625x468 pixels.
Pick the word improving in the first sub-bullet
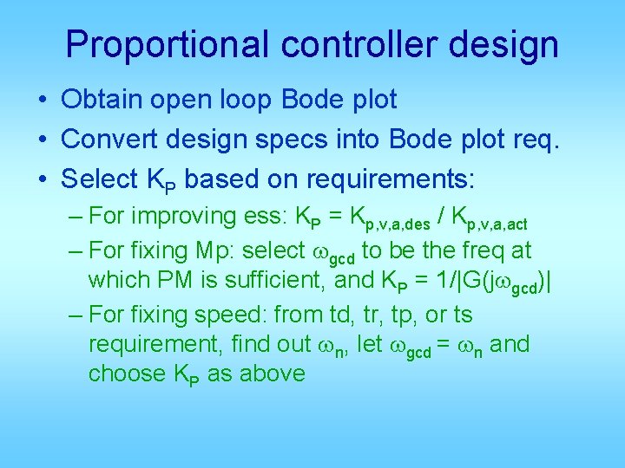coord(170,216)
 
